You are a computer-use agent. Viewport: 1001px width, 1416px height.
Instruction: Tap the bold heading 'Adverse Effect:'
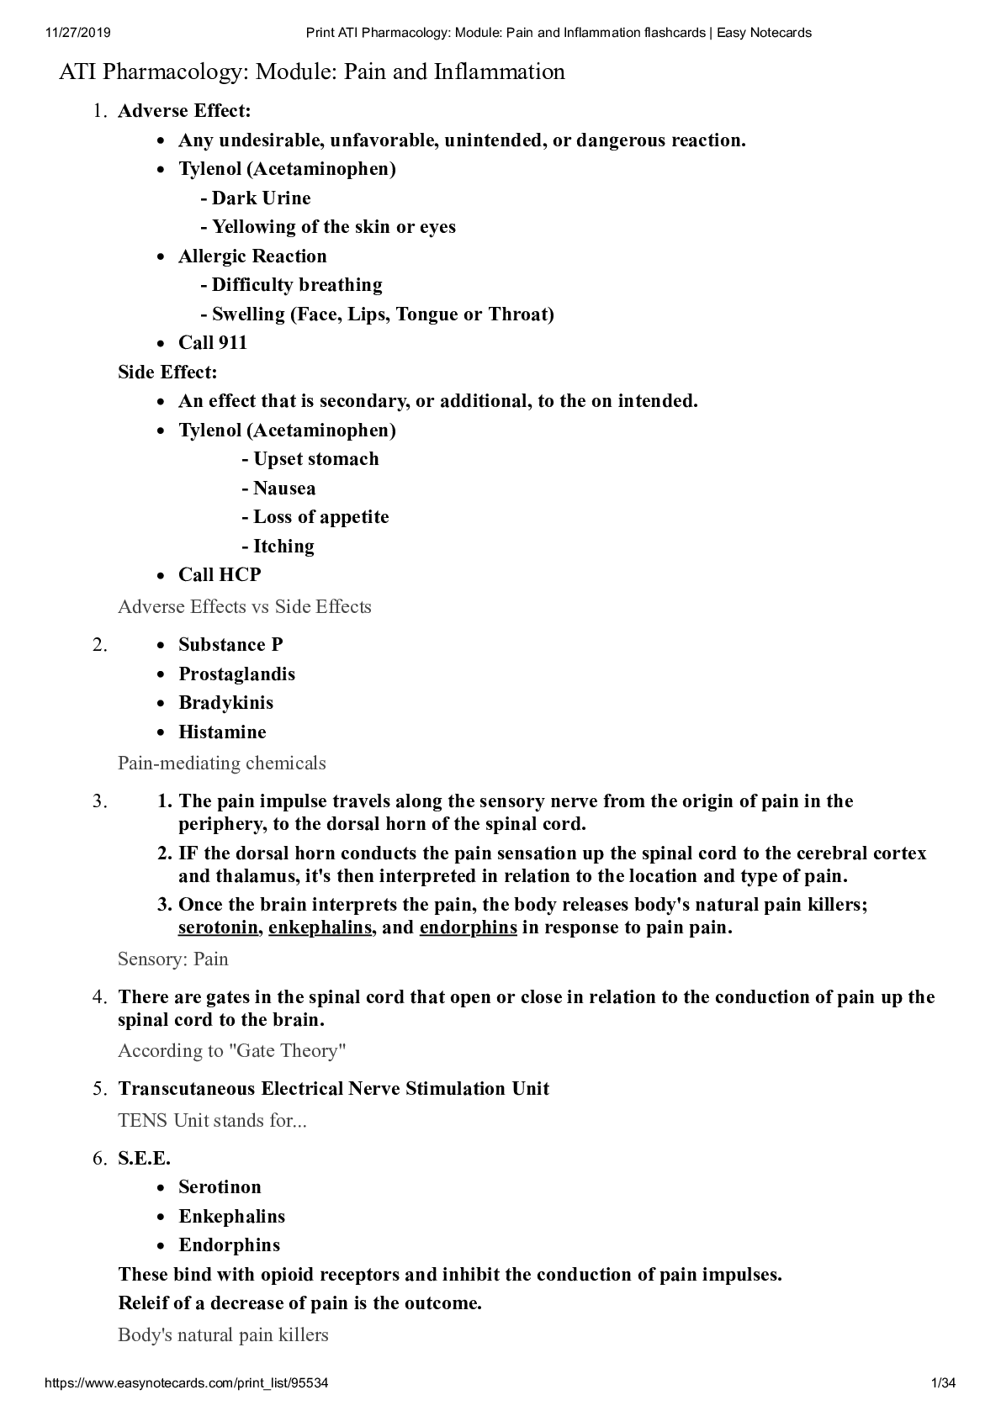pos(184,111)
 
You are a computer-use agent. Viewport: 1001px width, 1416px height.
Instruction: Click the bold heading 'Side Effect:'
pos(167,372)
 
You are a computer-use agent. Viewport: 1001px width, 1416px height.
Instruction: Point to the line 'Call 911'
pos(213,343)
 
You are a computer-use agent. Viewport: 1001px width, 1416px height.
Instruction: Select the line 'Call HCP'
pos(220,575)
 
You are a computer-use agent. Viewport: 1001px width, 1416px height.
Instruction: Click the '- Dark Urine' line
pos(256,198)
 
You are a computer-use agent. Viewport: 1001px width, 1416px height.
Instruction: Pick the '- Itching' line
pos(278,547)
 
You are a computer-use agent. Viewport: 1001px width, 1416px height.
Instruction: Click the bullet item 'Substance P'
pos(230,645)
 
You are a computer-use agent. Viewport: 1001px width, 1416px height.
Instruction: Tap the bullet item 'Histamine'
pos(222,732)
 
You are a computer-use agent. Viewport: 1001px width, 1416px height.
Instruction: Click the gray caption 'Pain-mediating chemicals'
pos(222,763)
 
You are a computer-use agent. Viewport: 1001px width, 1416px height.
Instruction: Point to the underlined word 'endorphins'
pos(468,927)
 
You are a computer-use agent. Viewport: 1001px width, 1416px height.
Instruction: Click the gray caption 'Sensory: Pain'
pos(173,959)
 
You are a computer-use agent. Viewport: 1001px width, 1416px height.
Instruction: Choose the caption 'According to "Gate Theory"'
pos(232,1051)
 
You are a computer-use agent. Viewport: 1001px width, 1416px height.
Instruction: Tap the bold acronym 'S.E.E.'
pos(144,1159)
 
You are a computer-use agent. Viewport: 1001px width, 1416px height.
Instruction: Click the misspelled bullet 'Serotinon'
pos(220,1187)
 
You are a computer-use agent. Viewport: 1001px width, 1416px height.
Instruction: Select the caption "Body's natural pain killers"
pos(223,1335)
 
